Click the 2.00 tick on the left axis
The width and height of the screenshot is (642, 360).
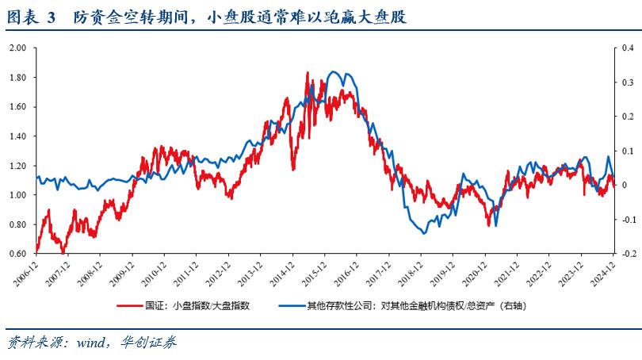click(17, 48)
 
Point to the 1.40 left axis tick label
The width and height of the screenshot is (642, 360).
click(17, 136)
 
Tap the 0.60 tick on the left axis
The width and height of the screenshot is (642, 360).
click(17, 254)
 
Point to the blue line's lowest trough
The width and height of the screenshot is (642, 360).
click(423, 233)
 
